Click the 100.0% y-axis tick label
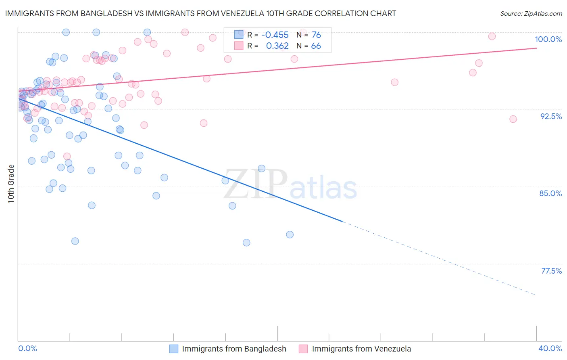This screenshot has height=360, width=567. click(548, 39)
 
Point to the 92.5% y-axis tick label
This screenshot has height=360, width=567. click(551, 116)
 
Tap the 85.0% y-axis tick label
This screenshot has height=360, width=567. click(550, 193)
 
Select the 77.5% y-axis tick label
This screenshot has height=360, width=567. click(551, 271)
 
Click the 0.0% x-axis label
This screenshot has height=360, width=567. click(27, 348)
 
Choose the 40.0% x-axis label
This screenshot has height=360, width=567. click(550, 348)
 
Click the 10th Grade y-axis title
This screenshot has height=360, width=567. click(11, 184)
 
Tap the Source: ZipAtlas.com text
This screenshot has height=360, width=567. click(531, 14)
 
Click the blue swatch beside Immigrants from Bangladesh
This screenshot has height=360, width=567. click(174, 349)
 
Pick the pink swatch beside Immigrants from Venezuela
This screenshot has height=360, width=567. click(303, 349)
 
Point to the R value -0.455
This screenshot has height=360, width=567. click(275, 35)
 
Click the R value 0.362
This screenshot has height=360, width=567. click(277, 46)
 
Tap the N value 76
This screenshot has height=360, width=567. click(316, 35)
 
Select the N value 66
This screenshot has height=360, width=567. click(316, 46)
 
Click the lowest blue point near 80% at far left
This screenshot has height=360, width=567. click(75, 241)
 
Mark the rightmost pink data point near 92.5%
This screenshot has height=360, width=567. click(513, 119)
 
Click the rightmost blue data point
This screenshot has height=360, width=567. click(290, 234)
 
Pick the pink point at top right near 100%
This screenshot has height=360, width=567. click(492, 36)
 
